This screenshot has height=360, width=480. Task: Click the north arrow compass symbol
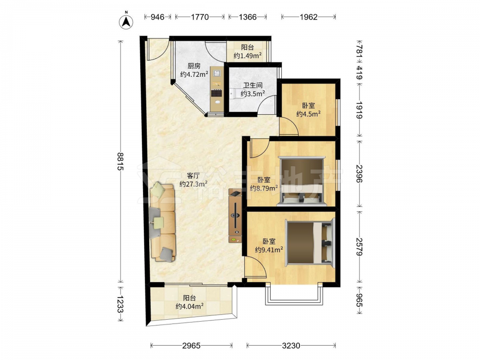[x=126, y=21]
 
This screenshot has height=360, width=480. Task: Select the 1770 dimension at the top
[x=200, y=17]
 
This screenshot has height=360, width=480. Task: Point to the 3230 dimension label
[x=291, y=346]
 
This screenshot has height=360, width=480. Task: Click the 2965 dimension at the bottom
[x=192, y=346]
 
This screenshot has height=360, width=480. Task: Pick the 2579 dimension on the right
[x=360, y=247]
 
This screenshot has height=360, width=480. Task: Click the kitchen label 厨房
[x=194, y=66]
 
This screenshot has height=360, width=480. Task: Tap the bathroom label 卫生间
[x=253, y=85]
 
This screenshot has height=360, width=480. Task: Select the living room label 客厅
[x=193, y=176]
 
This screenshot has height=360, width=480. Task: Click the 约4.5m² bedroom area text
[x=308, y=114]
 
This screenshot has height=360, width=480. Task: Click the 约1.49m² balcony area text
[x=248, y=55]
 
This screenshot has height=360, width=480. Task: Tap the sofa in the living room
[x=163, y=222]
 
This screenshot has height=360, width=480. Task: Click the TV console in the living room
[x=235, y=216]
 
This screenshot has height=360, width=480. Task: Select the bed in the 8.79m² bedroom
[x=302, y=180]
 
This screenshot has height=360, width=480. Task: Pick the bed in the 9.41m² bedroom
[x=310, y=243]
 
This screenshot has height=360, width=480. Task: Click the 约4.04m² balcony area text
[x=190, y=306]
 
